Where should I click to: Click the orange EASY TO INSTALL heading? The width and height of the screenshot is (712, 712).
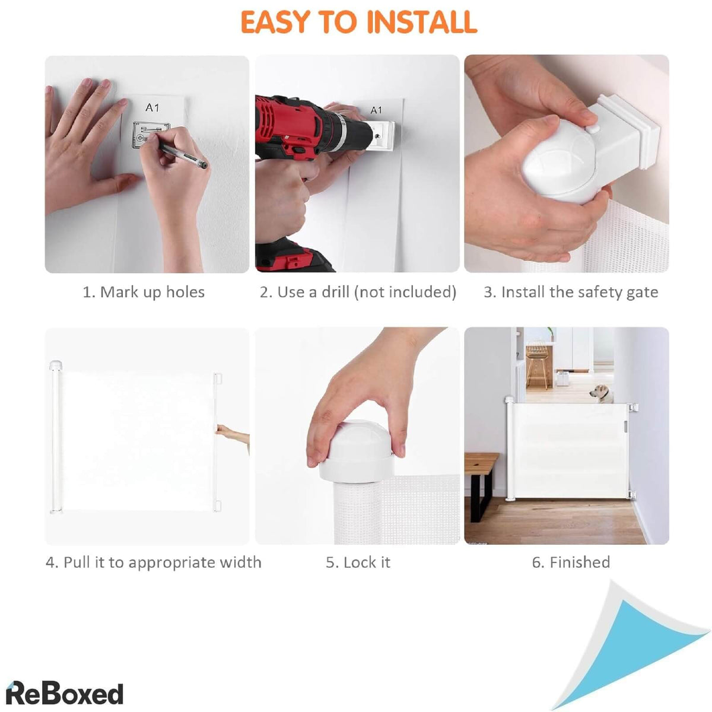(x=358, y=22)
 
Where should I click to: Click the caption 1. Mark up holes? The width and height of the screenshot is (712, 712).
(x=144, y=293)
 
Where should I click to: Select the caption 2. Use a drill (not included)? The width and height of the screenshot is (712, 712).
(x=358, y=293)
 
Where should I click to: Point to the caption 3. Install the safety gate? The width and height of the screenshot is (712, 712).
(x=571, y=293)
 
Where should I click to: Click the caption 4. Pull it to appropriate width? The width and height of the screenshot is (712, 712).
(x=154, y=562)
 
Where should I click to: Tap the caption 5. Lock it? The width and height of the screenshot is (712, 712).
(x=358, y=562)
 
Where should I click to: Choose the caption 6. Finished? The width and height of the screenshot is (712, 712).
(x=571, y=562)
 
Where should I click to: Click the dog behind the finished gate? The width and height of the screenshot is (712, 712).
(x=602, y=394)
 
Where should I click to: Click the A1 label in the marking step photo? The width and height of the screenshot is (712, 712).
(x=152, y=107)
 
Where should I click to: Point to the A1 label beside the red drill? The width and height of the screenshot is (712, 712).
(x=376, y=110)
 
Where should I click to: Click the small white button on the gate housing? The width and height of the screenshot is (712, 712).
(x=591, y=129)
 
